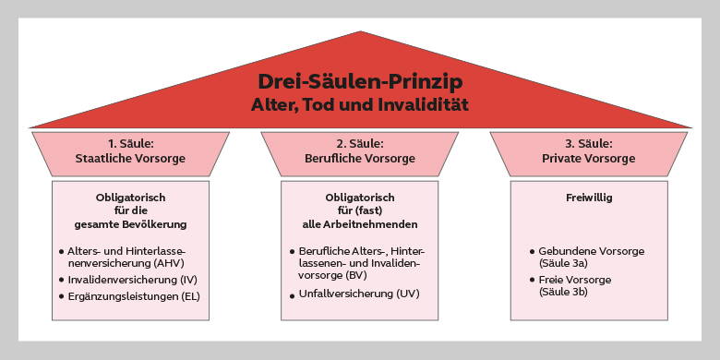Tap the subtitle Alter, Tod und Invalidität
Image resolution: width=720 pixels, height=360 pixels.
[x=359, y=105]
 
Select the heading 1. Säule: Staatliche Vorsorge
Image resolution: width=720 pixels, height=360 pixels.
[x=129, y=151]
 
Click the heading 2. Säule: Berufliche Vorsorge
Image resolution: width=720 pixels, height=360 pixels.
[x=359, y=151]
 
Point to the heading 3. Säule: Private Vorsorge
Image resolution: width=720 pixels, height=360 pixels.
[x=588, y=151]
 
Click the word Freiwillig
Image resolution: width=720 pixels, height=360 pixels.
[x=588, y=198]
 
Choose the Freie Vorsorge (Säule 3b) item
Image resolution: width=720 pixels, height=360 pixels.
[x=582, y=285]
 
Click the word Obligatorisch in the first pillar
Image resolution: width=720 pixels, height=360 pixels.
[x=129, y=198]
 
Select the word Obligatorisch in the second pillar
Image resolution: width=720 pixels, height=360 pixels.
[x=359, y=198]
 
